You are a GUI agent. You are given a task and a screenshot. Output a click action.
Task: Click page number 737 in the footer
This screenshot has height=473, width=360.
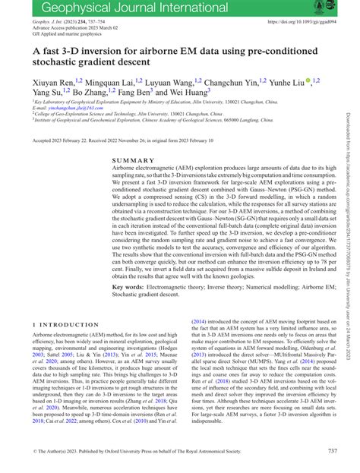(333, 451)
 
